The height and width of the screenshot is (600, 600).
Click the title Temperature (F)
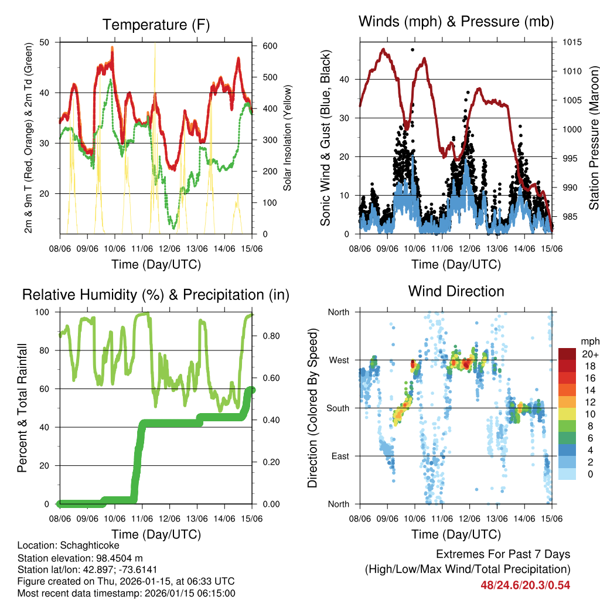coord(155,25)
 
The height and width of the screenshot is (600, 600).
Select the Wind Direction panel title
coord(456,291)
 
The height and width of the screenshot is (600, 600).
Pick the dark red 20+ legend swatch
coord(567,354)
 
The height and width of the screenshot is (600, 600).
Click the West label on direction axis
coord(339,360)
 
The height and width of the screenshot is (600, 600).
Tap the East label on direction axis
coord(340,456)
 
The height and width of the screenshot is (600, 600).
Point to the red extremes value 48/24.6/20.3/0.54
coord(525,585)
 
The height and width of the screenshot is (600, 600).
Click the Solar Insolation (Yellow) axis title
coord(288,138)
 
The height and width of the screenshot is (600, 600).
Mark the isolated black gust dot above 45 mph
coord(412,50)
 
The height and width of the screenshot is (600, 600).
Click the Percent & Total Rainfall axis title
coord(22,408)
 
